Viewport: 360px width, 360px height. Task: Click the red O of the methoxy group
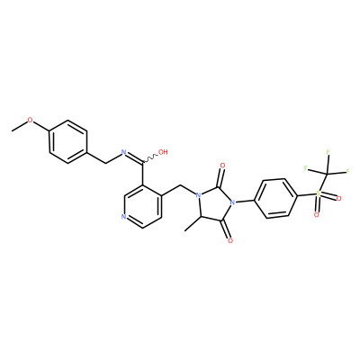click(30, 120)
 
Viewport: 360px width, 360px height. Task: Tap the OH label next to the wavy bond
click(163, 152)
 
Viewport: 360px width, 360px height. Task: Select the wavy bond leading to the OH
click(150, 158)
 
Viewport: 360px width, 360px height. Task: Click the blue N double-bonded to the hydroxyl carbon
click(123, 152)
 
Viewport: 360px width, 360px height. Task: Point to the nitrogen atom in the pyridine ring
click(123, 216)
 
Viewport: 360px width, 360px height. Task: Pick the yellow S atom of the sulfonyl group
click(318, 193)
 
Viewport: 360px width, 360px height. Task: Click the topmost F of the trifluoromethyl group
click(328, 151)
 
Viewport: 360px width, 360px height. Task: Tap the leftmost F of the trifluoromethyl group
click(306, 168)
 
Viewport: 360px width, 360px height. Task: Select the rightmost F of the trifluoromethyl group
click(348, 171)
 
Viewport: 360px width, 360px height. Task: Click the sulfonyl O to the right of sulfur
click(339, 199)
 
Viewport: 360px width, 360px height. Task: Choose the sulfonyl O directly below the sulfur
click(316, 215)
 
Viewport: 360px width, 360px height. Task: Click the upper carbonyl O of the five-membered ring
click(222, 166)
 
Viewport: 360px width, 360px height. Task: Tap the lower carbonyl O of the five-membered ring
click(230, 240)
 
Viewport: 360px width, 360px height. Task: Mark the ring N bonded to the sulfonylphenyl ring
click(231, 202)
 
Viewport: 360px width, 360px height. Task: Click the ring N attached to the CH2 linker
click(198, 195)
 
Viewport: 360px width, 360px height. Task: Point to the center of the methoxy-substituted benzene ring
click(68, 142)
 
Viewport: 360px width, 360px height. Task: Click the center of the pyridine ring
click(143, 206)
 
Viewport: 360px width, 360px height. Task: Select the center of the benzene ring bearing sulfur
click(276, 198)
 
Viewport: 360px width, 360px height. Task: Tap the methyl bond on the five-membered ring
click(193, 224)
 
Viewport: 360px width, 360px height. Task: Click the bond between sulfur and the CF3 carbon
click(322, 184)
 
